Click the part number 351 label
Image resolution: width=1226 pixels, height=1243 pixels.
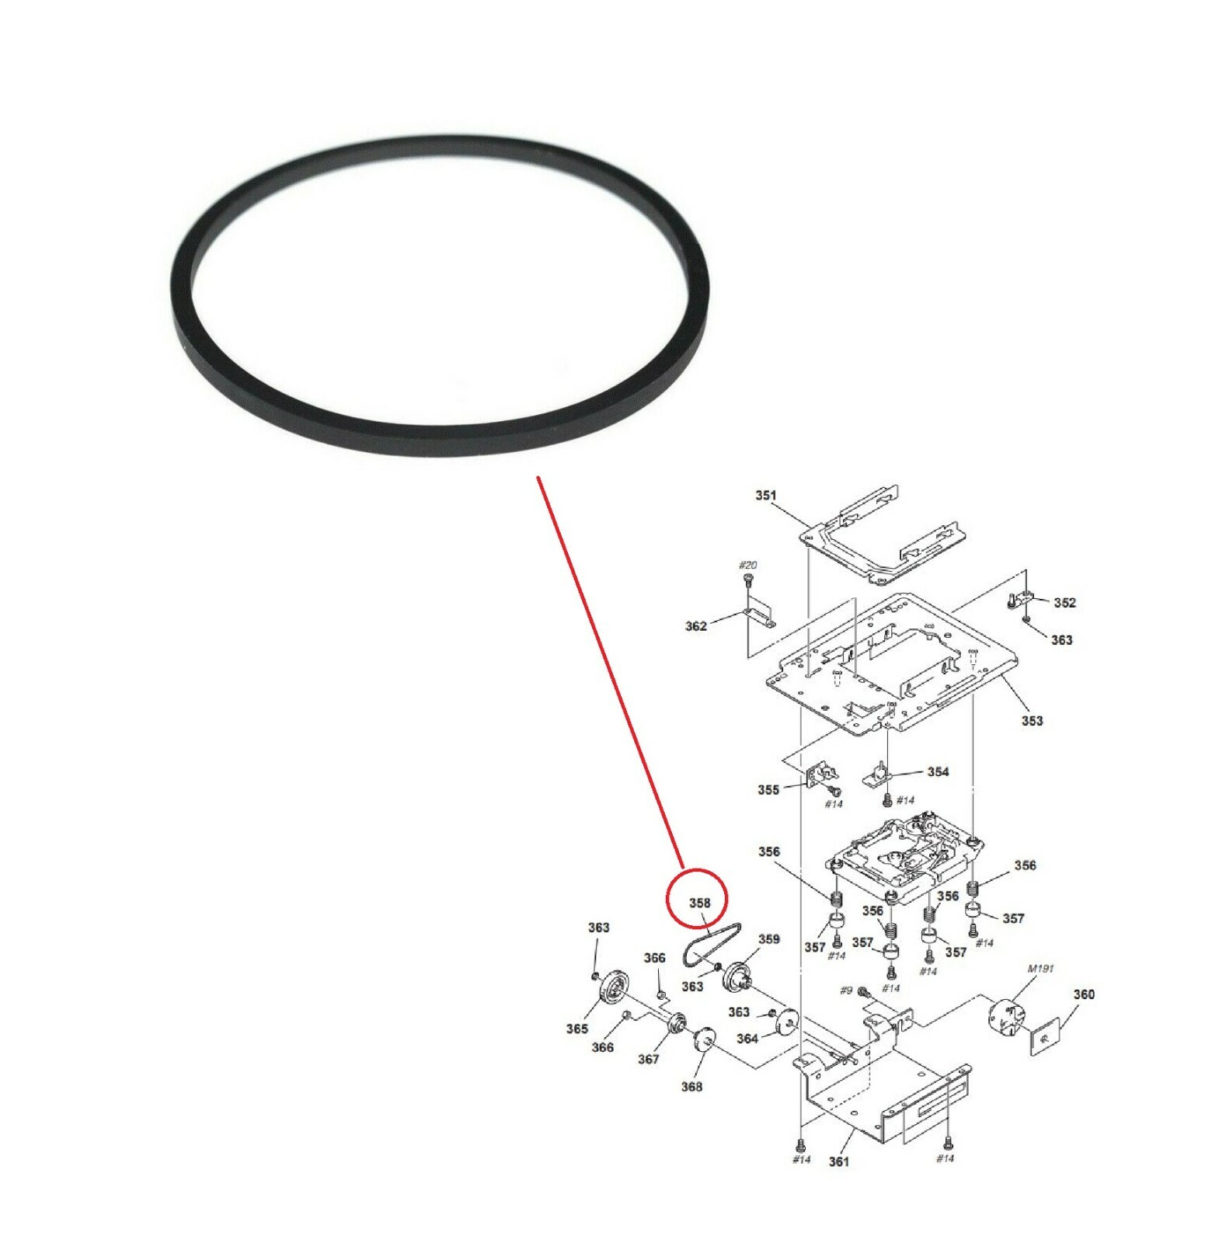click(765, 496)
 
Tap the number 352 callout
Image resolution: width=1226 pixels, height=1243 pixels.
click(1064, 603)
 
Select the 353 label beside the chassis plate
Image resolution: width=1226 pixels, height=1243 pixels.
click(1032, 721)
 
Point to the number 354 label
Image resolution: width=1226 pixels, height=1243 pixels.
click(938, 772)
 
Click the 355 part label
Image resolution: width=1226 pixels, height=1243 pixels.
click(768, 790)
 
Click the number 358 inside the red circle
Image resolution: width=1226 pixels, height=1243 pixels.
click(699, 903)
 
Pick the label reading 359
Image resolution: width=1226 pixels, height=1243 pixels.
click(768, 939)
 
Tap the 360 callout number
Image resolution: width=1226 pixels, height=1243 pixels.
click(1084, 994)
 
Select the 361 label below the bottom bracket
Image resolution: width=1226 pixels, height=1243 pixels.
click(838, 1162)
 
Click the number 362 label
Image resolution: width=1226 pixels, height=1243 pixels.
click(695, 626)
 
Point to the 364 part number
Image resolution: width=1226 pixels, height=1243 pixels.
click(747, 1039)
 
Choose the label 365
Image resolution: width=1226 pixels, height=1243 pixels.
click(576, 1029)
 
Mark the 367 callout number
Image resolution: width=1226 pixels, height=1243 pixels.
click(648, 1060)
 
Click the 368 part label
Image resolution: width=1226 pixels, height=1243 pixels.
click(691, 1087)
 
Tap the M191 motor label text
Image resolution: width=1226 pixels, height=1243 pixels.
click(1040, 969)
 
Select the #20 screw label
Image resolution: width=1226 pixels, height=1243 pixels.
click(747, 566)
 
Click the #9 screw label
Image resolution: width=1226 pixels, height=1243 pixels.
click(846, 991)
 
